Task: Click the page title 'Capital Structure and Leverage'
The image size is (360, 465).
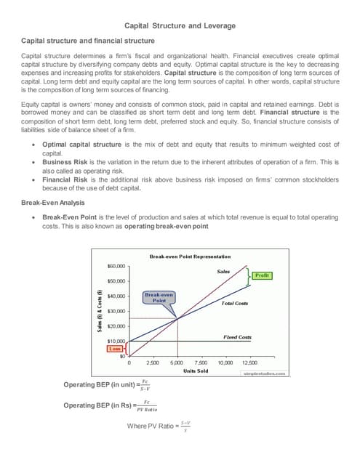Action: tap(180, 26)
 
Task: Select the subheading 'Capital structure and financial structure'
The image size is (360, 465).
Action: tap(87, 41)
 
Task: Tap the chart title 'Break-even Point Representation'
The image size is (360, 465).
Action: tap(189, 256)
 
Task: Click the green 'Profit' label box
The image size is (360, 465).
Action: tap(262, 275)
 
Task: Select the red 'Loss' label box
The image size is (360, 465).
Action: tap(116, 348)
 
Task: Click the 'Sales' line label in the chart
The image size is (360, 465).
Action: tap(223, 271)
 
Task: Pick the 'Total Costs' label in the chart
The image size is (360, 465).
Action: tap(235, 302)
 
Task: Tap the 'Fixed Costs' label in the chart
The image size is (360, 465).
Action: tap(237, 337)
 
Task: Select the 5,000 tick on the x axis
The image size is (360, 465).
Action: tap(177, 361)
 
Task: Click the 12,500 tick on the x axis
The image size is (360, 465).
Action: tap(249, 361)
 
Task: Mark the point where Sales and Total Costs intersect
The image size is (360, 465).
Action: tap(177, 318)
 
